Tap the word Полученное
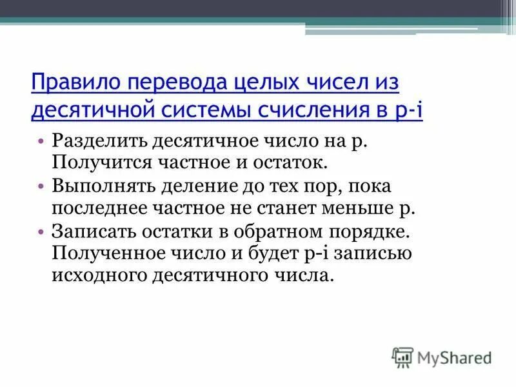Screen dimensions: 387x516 tap(104, 254)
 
